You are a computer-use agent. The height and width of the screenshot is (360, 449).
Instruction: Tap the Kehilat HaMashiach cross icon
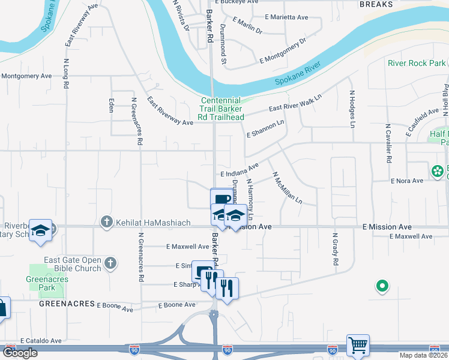(x=107, y=223)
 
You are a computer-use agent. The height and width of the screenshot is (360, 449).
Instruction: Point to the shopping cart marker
(x=358, y=345)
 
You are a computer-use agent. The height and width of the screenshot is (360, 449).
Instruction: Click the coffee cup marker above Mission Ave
(x=221, y=199)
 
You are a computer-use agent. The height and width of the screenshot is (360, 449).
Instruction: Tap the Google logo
(x=20, y=353)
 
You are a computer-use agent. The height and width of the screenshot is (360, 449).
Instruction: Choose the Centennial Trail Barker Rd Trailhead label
(x=221, y=109)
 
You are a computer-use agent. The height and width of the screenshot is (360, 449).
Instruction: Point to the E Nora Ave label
(x=408, y=181)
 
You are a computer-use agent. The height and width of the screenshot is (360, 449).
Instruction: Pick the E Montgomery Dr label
(x=283, y=50)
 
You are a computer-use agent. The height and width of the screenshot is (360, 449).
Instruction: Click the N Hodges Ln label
(x=352, y=109)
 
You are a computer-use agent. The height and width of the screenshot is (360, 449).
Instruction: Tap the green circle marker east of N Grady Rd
(x=381, y=286)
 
